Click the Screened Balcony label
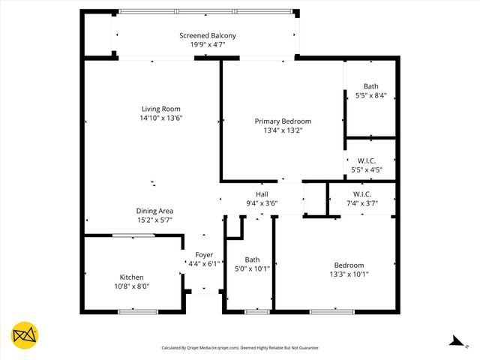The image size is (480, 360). pos(208,35)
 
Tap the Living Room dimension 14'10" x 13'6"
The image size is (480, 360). pos(161,118)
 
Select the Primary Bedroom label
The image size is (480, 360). pos(283,121)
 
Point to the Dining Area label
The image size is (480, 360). pos(155,211)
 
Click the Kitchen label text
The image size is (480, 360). pos(132,277)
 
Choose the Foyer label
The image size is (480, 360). pos(204,255)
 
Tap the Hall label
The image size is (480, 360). pos(262,194)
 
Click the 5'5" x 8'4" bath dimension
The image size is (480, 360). pos(370,95)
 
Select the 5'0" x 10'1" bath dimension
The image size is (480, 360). pos(252,268)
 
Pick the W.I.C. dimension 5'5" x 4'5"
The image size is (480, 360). pos(367,170)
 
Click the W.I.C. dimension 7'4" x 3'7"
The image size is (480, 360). pos(362,203)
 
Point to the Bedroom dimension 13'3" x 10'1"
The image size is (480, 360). pos(349,274)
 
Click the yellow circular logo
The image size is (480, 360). pos(25,336)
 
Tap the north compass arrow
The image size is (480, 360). pos(454,342)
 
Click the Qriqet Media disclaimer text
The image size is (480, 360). pos(240,348)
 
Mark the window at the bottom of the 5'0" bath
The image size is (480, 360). pos(257,311)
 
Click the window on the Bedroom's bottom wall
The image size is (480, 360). pos(332,311)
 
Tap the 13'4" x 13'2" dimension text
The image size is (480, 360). pos(283,130)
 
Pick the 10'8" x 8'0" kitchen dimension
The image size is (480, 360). pos(132,286)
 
